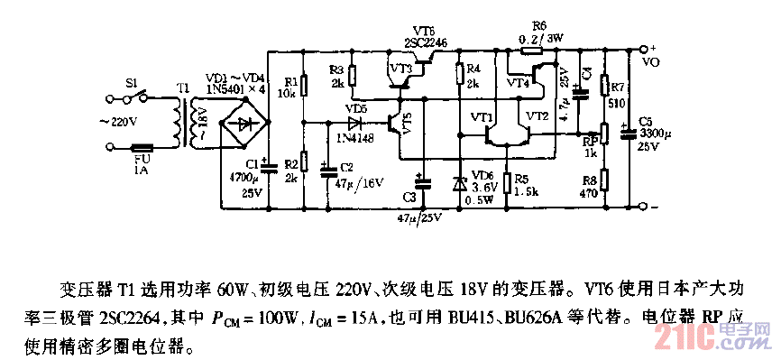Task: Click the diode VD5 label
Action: (356, 107)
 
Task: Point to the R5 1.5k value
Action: (528, 192)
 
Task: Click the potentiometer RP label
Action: (587, 141)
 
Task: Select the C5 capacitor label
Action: (645, 121)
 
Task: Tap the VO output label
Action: (649, 64)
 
